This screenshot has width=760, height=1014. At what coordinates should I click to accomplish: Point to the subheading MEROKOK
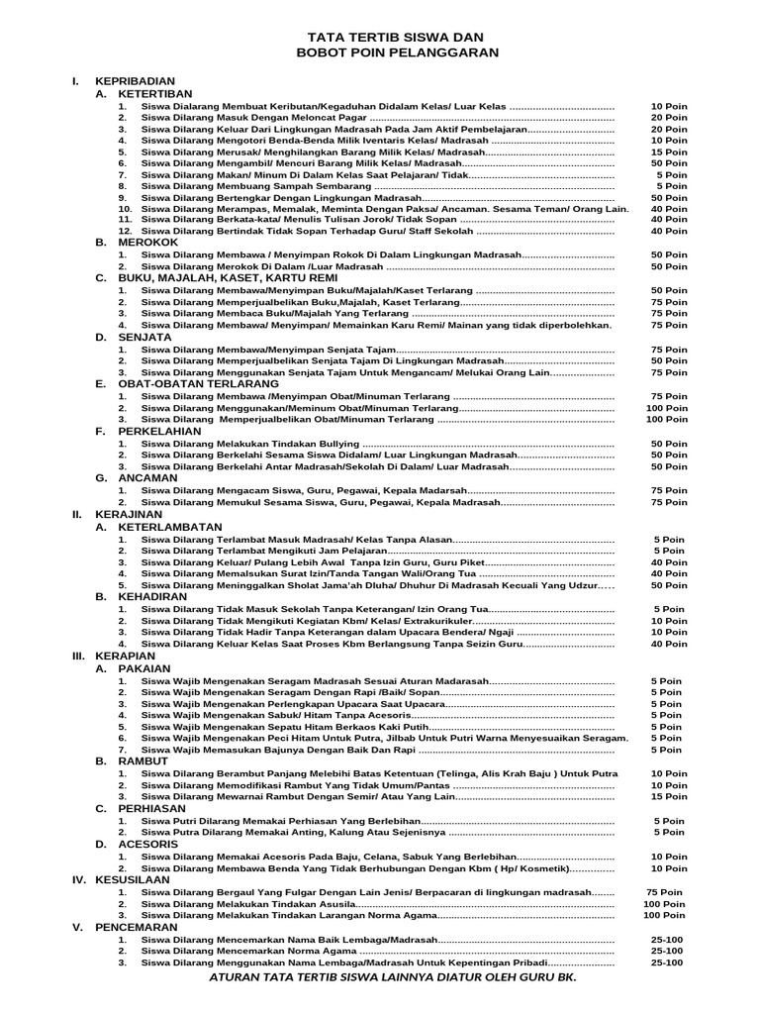point(147,242)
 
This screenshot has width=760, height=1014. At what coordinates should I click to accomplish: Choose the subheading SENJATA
point(146,337)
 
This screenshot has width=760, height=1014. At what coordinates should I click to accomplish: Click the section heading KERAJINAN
point(129,515)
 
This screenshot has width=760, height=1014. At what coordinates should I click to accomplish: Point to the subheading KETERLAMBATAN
point(170,527)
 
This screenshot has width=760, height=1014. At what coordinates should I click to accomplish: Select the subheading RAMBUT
point(142,760)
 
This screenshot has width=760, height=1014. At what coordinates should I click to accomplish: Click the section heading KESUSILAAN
point(133,879)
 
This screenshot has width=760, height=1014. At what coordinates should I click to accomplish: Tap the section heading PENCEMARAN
point(136,927)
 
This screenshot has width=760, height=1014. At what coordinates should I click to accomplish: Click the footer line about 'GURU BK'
point(392,977)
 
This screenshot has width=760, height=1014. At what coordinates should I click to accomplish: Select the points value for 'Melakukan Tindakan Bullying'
point(669,444)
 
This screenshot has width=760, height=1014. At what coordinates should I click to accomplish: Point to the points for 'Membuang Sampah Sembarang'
point(671,186)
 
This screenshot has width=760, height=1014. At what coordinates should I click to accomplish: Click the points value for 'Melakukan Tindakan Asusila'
point(665,903)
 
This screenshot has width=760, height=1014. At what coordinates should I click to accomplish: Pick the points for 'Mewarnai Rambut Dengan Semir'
point(669,796)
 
